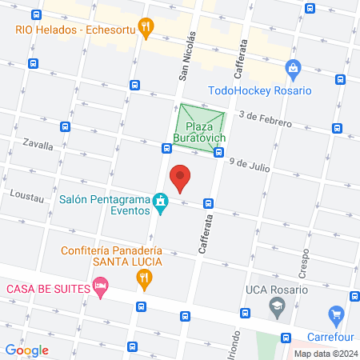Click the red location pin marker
(x=181, y=178)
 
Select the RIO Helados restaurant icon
(x=145, y=27)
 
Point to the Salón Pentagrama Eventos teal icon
(x=161, y=200)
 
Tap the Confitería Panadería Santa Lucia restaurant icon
(x=145, y=278)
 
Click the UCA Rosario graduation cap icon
(x=277, y=304)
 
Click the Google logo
(x=26, y=350)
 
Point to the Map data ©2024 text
(x=325, y=354)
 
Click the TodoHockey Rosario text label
(x=259, y=90)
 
